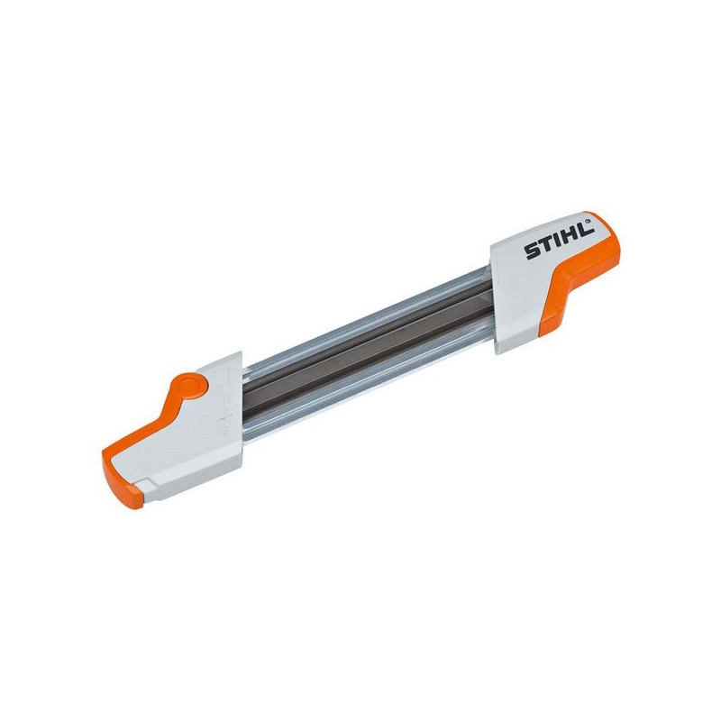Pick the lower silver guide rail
pos(360,379)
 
